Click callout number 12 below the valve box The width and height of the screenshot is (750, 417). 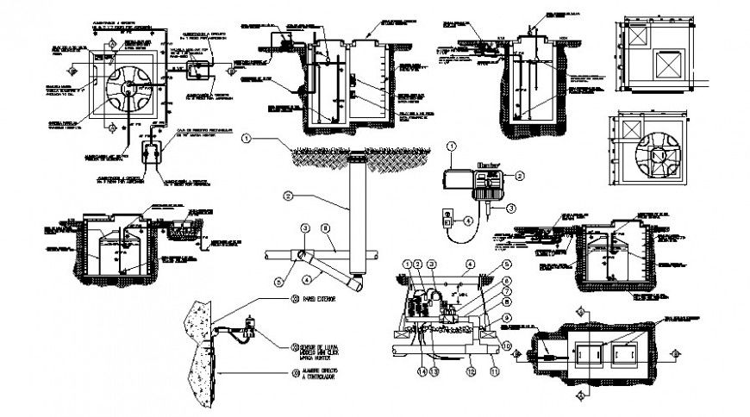coord(469,372)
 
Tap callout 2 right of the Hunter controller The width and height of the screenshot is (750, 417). coord(520,175)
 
